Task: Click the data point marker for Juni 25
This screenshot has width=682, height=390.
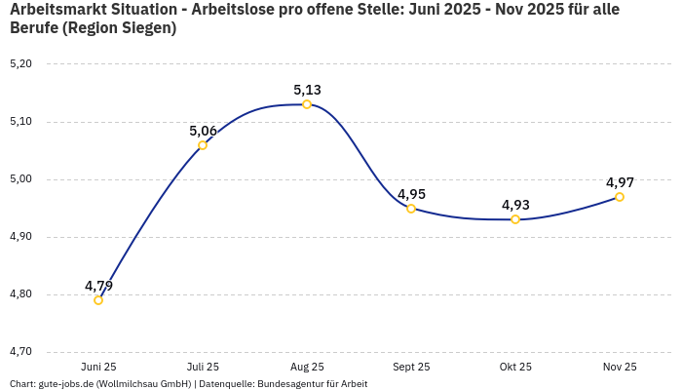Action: (x=98, y=300)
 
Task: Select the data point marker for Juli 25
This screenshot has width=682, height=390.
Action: (x=203, y=145)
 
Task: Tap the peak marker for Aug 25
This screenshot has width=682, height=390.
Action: (x=307, y=104)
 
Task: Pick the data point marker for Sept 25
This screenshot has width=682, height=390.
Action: (x=411, y=209)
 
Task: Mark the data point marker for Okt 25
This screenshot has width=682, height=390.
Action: (x=515, y=219)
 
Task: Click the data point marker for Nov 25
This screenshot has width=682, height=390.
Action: (x=620, y=197)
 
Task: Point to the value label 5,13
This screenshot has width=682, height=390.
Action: (x=307, y=90)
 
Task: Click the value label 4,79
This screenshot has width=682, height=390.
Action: (x=98, y=286)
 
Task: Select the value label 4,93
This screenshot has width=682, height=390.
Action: (x=515, y=205)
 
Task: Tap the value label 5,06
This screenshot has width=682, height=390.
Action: (x=203, y=131)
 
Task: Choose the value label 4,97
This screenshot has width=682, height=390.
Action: (x=620, y=182)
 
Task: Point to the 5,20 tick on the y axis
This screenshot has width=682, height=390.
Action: (x=20, y=64)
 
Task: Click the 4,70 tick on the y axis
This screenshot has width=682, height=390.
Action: (x=20, y=352)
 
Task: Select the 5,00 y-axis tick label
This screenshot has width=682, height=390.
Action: (x=20, y=179)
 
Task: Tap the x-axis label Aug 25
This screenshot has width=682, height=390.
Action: (x=307, y=368)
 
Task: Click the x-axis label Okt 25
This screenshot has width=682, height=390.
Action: (x=515, y=368)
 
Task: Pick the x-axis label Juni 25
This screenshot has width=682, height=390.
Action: (x=98, y=368)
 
